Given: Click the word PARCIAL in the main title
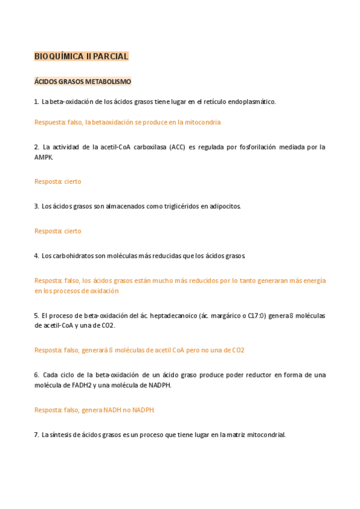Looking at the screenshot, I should (111, 56).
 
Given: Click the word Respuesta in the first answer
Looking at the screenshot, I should (50, 122).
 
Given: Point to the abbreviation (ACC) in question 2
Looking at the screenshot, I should (177, 146).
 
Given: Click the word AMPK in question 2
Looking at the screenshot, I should (43, 157).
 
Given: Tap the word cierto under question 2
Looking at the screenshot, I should (73, 181).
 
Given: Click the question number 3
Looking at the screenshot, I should (37, 206).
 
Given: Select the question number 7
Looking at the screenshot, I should (37, 435).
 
